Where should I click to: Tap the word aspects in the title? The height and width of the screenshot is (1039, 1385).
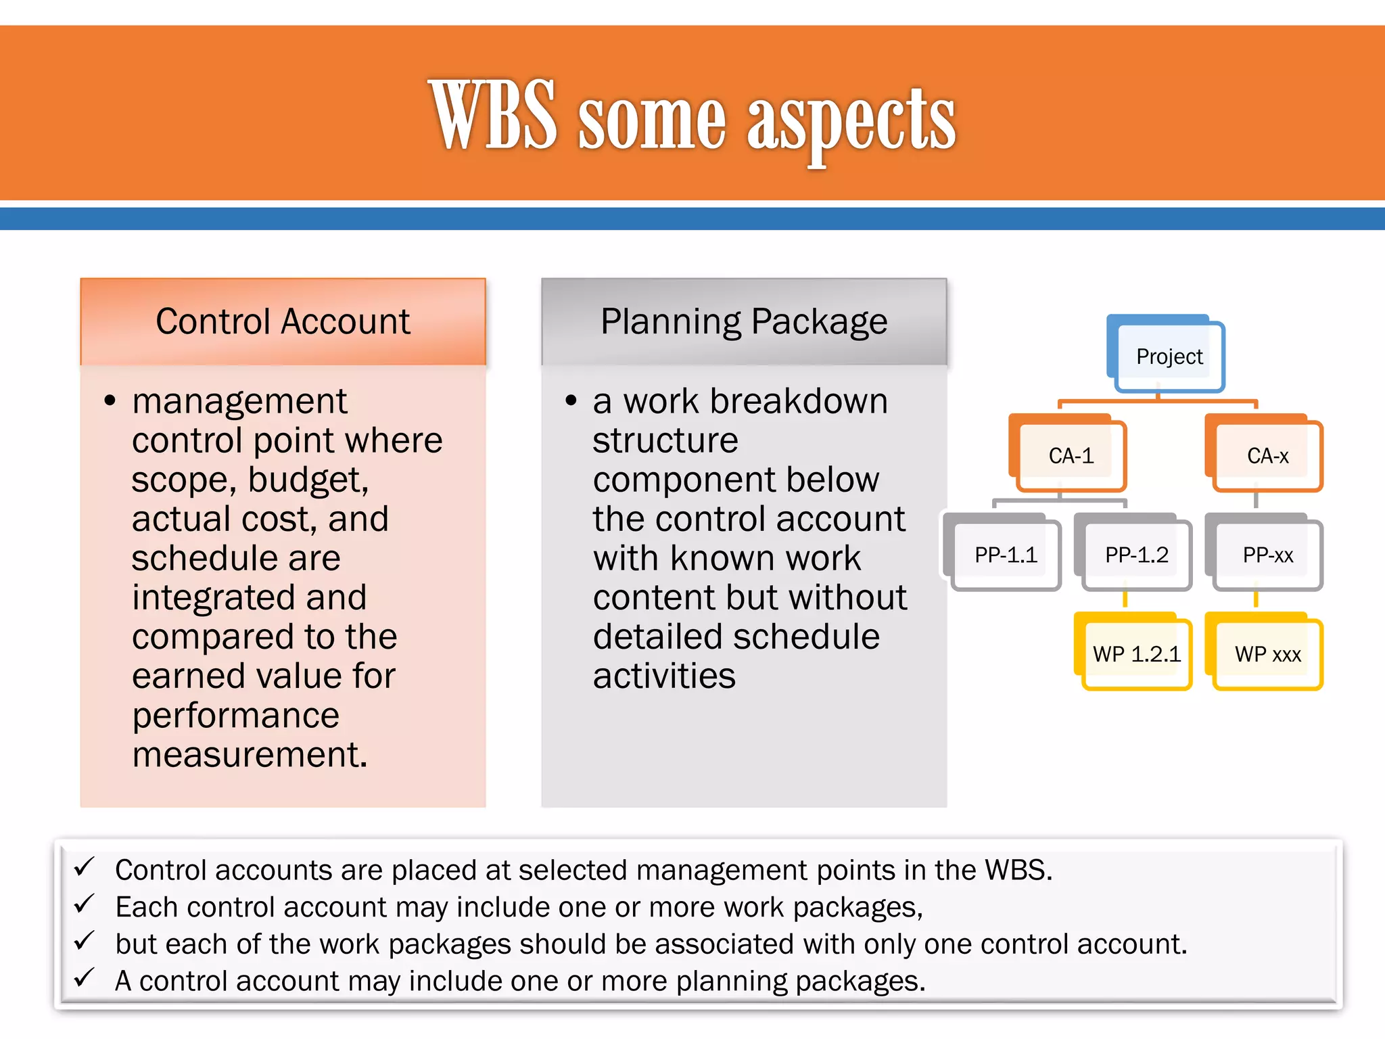(x=851, y=122)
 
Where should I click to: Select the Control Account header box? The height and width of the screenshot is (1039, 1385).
(x=283, y=322)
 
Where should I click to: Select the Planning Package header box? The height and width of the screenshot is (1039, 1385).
(x=744, y=322)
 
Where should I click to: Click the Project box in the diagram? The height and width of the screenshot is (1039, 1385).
(x=1169, y=356)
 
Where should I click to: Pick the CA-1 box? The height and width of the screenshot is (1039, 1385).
(x=1071, y=455)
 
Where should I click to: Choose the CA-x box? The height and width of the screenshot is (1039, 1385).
(x=1267, y=455)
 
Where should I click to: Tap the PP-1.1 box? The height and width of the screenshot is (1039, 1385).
(x=1005, y=555)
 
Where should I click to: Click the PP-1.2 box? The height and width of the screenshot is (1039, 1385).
(x=1136, y=555)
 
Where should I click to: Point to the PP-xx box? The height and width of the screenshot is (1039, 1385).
(x=1267, y=555)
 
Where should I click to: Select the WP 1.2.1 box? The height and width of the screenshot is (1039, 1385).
(x=1136, y=654)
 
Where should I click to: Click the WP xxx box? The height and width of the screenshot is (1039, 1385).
(x=1267, y=654)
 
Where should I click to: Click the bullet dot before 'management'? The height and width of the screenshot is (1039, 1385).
(x=110, y=401)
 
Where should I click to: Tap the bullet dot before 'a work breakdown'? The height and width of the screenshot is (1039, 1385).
(x=571, y=401)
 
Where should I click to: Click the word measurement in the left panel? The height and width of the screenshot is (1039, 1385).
(x=249, y=755)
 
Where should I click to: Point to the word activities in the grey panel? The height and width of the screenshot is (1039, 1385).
(x=664, y=676)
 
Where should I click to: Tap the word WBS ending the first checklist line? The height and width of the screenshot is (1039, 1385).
(x=1018, y=870)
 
